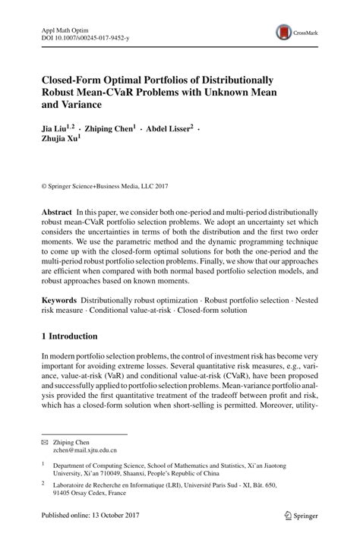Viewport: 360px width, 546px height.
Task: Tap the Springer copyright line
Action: point(103,185)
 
